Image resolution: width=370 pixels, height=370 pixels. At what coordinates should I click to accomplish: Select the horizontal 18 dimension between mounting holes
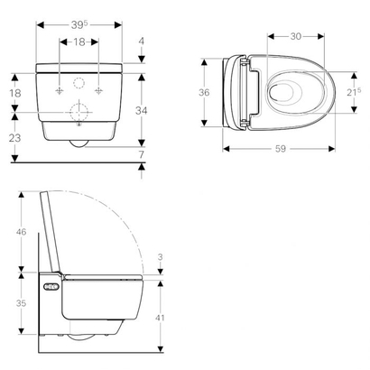[x=79, y=42]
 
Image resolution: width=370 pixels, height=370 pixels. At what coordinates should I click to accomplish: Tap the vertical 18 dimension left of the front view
[x=15, y=94]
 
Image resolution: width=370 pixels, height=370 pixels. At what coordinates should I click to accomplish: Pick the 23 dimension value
[x=15, y=138]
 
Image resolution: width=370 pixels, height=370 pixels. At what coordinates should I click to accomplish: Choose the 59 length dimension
[x=280, y=149]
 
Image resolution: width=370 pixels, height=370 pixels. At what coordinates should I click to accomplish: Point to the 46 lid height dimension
[x=21, y=233]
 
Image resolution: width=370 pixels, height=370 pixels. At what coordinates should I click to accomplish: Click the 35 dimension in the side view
[x=21, y=304]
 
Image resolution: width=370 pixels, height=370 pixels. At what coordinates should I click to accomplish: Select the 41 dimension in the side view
[x=159, y=317]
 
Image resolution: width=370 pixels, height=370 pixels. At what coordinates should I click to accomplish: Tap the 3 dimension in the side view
[x=159, y=257]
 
